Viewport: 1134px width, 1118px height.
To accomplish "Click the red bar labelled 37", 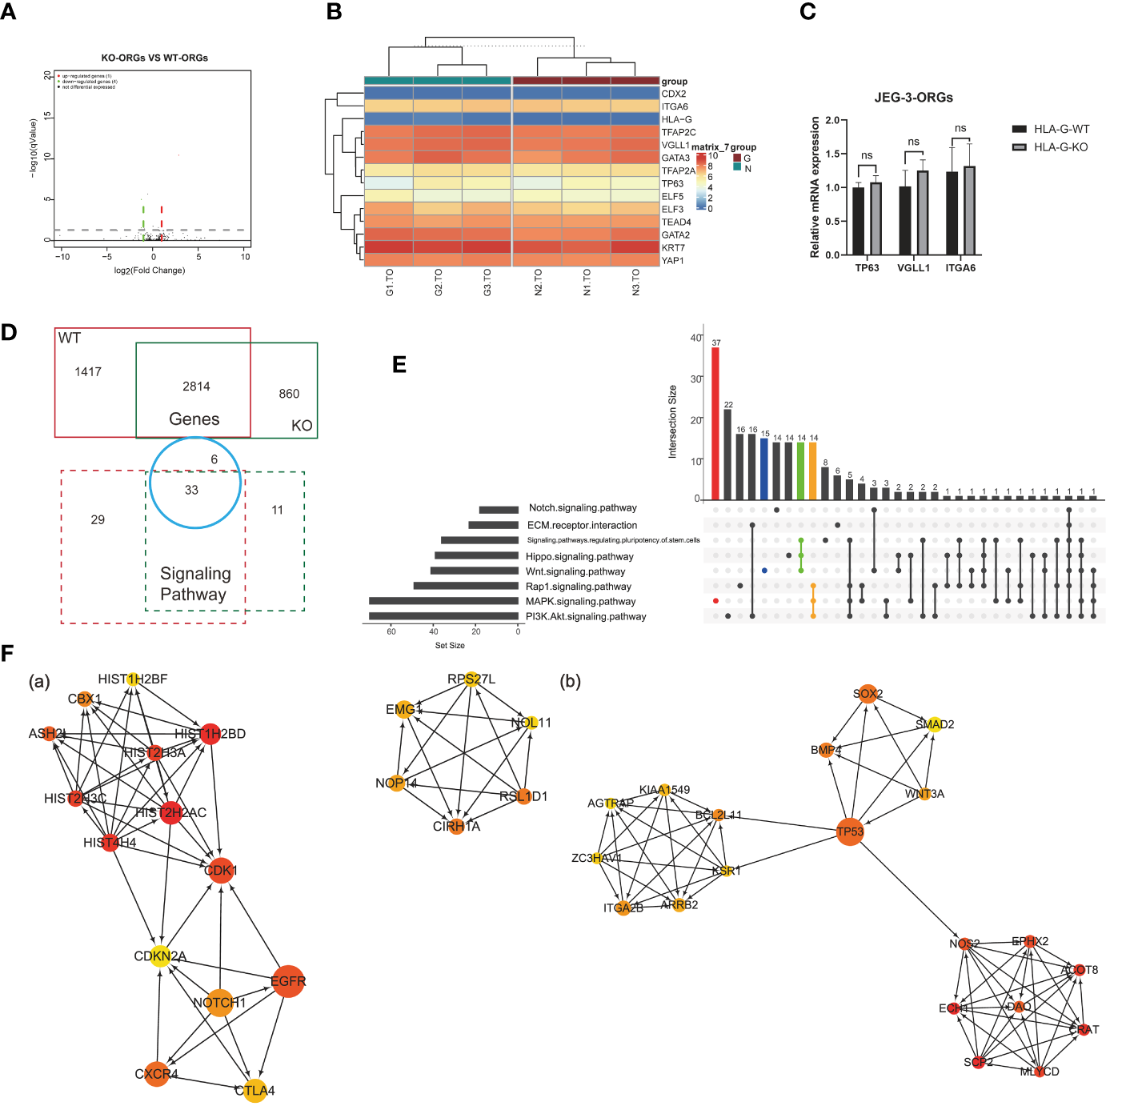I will pyautogui.click(x=715, y=423).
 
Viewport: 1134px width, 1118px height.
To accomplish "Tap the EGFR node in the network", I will pyautogui.click(x=288, y=981).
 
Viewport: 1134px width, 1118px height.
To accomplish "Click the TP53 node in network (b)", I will pyautogui.click(x=850, y=831).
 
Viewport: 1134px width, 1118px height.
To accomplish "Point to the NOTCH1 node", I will pyautogui.click(x=219, y=1002).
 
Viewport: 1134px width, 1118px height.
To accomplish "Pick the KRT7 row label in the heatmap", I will pyautogui.click(x=673, y=248).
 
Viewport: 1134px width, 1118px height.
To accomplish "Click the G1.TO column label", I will pyautogui.click(x=390, y=283).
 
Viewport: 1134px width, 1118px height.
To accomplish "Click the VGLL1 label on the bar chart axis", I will pyautogui.click(x=913, y=268).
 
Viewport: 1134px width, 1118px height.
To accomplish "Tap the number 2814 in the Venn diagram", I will pyautogui.click(x=196, y=387).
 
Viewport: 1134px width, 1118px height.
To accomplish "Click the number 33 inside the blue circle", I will pyautogui.click(x=191, y=490).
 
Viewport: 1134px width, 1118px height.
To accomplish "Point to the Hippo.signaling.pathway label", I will pyautogui.click(x=579, y=556).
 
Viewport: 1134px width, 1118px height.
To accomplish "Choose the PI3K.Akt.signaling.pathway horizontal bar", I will pyautogui.click(x=443, y=616).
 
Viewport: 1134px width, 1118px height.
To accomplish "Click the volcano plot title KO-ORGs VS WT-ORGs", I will pyautogui.click(x=154, y=58).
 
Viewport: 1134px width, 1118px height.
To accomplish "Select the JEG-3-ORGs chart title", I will pyautogui.click(x=913, y=98).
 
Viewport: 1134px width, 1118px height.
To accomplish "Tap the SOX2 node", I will pyautogui.click(x=868, y=694).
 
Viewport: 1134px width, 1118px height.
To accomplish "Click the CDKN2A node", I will pyautogui.click(x=160, y=956).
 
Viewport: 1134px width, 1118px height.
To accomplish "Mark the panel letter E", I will pyautogui.click(x=399, y=365).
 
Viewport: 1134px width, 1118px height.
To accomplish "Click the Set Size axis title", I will pyautogui.click(x=450, y=645).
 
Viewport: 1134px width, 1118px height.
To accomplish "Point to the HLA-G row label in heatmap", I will pyautogui.click(x=676, y=119).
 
